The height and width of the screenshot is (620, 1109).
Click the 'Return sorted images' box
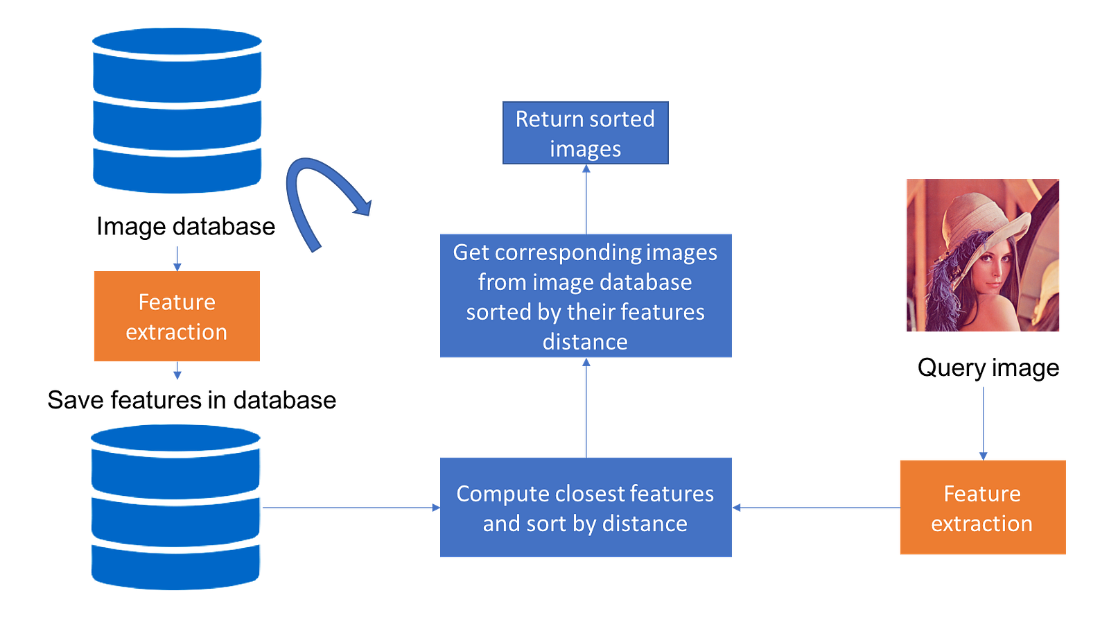585,133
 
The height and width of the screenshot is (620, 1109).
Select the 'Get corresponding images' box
586,296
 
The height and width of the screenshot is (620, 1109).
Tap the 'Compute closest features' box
586,508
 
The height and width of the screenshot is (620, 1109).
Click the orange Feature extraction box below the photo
982,508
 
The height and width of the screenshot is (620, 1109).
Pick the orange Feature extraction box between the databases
177,316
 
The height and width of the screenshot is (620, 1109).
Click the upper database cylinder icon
177,111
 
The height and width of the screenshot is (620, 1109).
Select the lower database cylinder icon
176,507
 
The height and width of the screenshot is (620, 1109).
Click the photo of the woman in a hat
983,255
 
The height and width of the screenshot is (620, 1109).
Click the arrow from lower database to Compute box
350,508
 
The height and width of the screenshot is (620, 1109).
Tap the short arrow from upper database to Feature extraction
177,257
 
